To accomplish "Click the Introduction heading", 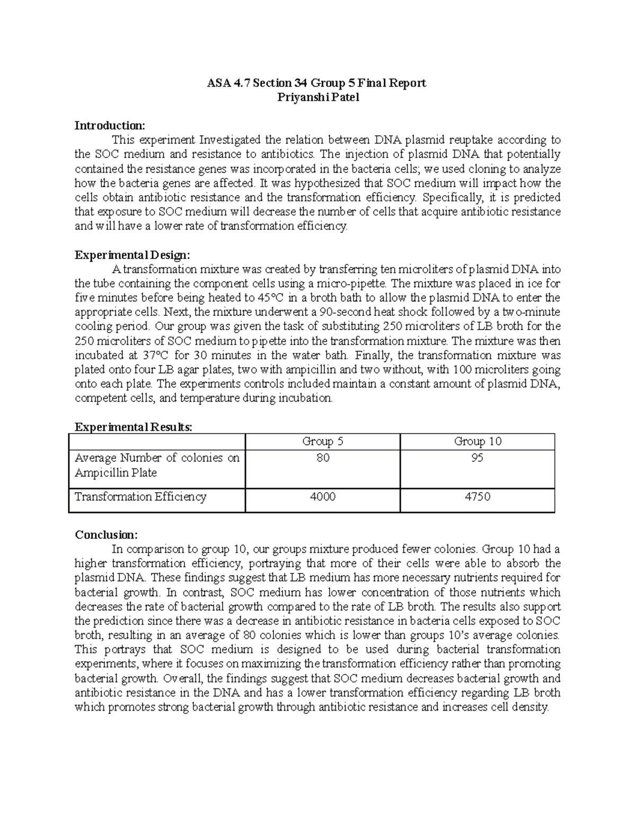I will pos(109,126).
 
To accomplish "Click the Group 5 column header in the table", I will pos(322,441).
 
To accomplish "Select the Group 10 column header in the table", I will pos(477,441).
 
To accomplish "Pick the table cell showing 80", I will pos(323,458).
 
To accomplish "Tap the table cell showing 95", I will pos(477,458).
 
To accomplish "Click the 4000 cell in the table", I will pos(323,497).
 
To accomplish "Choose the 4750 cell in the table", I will pos(477,497).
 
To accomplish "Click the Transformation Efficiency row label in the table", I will pos(140,497).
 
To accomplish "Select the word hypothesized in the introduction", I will pos(335,183).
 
